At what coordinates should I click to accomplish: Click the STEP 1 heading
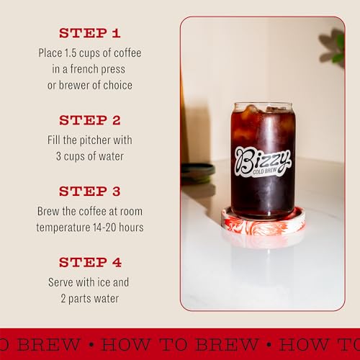[90, 33]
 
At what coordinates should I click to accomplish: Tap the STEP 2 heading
[90, 120]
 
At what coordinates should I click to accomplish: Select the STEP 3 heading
[90, 192]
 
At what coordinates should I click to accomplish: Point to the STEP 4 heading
[90, 262]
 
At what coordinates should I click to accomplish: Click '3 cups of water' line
[90, 156]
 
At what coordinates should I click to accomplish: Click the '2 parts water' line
[90, 298]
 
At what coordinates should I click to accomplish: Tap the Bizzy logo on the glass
[262, 157]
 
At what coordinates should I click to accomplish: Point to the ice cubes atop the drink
[261, 110]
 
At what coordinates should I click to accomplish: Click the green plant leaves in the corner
[335, 48]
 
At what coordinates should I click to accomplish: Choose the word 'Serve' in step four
[63, 282]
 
